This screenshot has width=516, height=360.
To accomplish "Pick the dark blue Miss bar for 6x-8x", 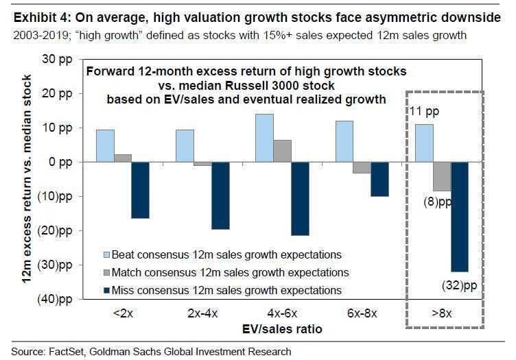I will (x=380, y=179).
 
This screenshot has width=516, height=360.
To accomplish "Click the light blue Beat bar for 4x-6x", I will (x=264, y=138).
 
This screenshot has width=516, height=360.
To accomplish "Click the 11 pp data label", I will (x=423, y=111).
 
